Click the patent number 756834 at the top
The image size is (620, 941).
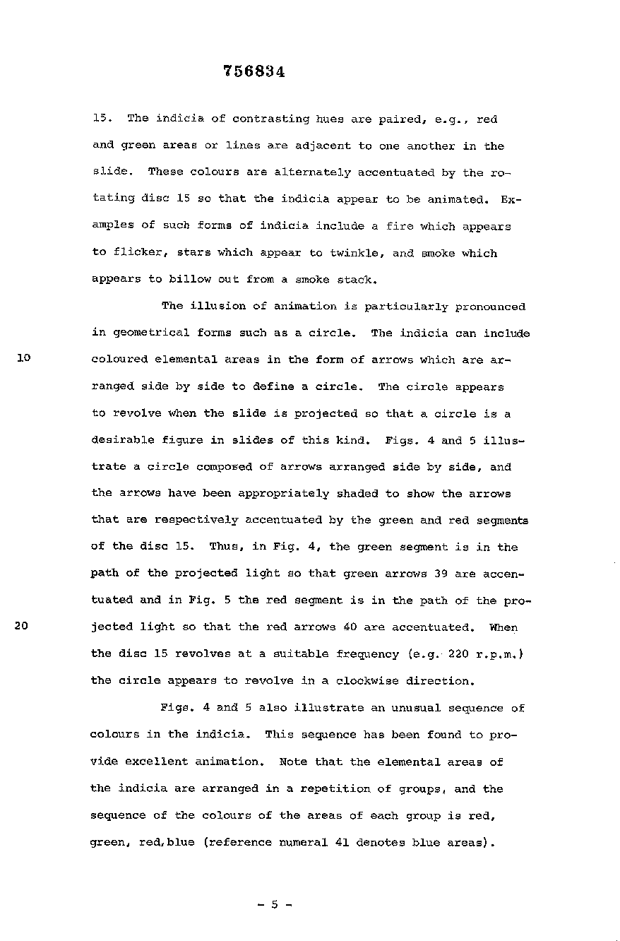pyautogui.click(x=254, y=71)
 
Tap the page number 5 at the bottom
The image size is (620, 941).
pyautogui.click(x=275, y=903)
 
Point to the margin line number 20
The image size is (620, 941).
pyautogui.click(x=22, y=626)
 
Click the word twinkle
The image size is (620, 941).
pyautogui.click(x=359, y=253)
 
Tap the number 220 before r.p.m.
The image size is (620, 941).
pyautogui.click(x=459, y=653)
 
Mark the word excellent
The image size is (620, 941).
pyautogui.click(x=160, y=762)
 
